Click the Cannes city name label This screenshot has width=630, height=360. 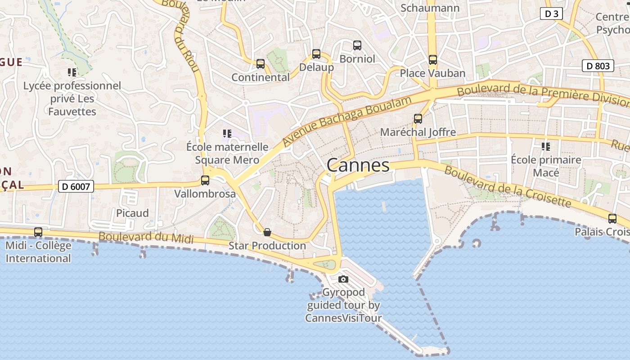click(358, 166)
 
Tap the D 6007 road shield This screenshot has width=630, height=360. click(76, 186)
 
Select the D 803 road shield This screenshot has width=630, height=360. click(598, 66)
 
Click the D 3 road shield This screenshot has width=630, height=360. click(551, 14)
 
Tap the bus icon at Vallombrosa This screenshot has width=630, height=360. click(205, 180)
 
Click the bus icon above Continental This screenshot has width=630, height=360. click(261, 64)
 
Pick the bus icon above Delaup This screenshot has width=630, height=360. click(316, 54)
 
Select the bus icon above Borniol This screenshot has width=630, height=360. click(357, 45)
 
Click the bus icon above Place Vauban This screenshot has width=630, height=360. click(433, 59)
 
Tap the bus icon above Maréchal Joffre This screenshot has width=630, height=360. click(418, 119)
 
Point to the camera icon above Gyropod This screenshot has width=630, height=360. click(343, 279)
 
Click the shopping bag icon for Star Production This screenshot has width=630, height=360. click(267, 232)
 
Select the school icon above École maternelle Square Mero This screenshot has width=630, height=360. click(227, 134)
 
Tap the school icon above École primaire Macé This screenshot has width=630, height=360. click(546, 146)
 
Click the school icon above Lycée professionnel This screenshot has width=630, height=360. click(72, 72)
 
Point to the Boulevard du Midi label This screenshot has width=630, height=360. click(146, 237)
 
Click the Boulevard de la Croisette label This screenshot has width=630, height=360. click(507, 187)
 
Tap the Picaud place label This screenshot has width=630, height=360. click(132, 213)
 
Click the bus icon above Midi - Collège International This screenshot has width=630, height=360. click(38, 232)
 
